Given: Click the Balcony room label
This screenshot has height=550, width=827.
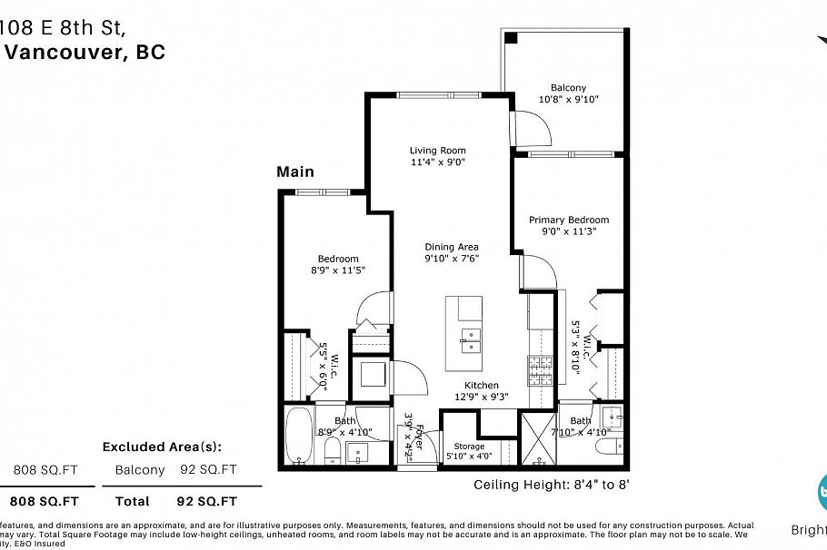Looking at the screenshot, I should [x=568, y=88].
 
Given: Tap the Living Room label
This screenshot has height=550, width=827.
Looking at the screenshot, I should [x=437, y=151].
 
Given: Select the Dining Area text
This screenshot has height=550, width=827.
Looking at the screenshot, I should [x=452, y=247].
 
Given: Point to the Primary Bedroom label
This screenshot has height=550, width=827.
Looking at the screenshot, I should [x=569, y=220].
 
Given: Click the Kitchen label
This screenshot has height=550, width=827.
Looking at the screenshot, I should [x=482, y=385].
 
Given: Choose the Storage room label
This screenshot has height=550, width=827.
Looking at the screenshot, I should [x=470, y=446].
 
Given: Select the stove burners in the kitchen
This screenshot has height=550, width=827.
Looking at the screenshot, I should [x=533, y=368].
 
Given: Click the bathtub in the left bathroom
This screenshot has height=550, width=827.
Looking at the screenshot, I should [x=299, y=436].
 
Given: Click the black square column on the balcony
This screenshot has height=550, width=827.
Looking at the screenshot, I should [x=512, y=38].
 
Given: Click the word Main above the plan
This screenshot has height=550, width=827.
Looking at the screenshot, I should [x=295, y=172].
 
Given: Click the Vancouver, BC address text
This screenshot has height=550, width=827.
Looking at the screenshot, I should [x=86, y=52].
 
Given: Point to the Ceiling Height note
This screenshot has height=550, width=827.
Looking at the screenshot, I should [x=552, y=485].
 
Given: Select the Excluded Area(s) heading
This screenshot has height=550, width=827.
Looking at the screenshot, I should [x=161, y=447].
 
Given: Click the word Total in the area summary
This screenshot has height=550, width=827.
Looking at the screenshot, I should [x=133, y=500].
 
